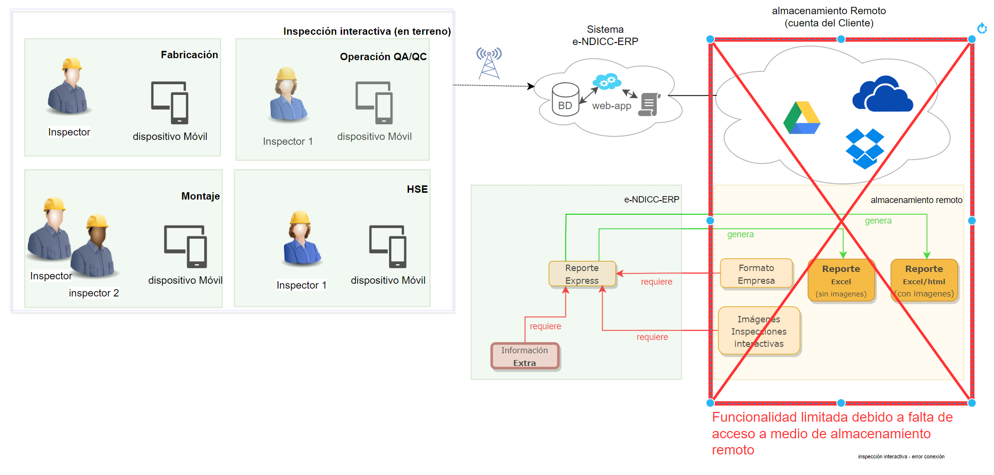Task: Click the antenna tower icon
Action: pos(489,63)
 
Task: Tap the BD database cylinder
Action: pos(565,99)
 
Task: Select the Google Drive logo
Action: pos(801,118)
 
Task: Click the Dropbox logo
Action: pos(864,148)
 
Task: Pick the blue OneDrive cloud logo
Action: pos(883,94)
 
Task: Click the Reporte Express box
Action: pos(582,274)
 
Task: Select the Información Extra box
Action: pos(525,356)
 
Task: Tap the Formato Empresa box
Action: pos(756,274)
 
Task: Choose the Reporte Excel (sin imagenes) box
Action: pos(841,281)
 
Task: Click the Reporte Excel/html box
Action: pos(924,281)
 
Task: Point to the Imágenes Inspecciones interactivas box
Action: pos(759,331)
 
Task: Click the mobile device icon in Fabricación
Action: pos(170,102)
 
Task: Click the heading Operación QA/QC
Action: pos(383,57)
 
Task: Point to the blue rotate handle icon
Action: pos(982,28)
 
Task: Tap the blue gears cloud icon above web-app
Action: pos(606,81)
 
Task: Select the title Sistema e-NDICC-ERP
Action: pos(605,36)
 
